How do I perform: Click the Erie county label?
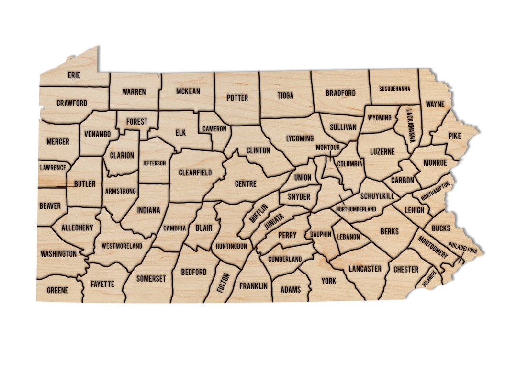coord(74,75)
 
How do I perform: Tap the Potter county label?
coord(237,98)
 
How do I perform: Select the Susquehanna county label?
coord(394,89)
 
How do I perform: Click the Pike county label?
coord(454,137)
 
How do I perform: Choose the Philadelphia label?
coord(462,250)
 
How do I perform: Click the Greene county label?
coord(57,290)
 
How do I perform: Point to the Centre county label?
coord(246,183)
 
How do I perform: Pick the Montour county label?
coord(327,147)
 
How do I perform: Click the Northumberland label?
coord(356,209)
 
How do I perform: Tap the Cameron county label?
coord(214,129)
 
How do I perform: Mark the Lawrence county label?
coord(53,168)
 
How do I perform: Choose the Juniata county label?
coord(273,223)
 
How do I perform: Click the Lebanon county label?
coord(348,237)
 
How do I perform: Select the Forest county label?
coord(137,122)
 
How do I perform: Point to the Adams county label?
coord(291,289)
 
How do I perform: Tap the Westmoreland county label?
coord(122,246)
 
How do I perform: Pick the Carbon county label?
coord(402,181)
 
